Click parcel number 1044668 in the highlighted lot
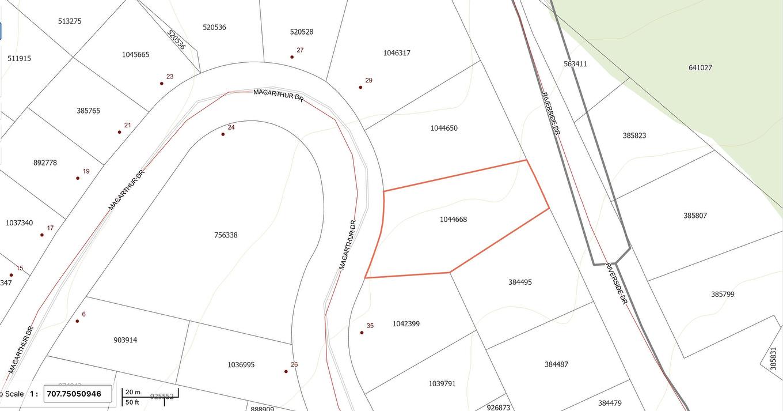point(453,220)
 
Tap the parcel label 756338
point(226,235)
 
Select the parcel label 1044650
point(444,128)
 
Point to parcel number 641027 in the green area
point(700,67)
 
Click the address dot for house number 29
point(360,88)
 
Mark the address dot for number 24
point(223,134)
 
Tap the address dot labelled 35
point(362,333)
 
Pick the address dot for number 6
point(77,321)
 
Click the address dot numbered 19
point(78,178)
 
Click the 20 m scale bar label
point(133,392)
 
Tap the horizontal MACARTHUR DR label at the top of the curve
point(278,96)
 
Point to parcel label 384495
point(520,282)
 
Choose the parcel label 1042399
point(406,324)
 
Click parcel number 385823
point(634,136)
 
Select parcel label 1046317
point(397,53)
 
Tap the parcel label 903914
point(126,340)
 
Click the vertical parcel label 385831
point(773,359)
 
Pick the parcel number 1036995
point(241,365)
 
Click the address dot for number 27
point(292,57)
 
